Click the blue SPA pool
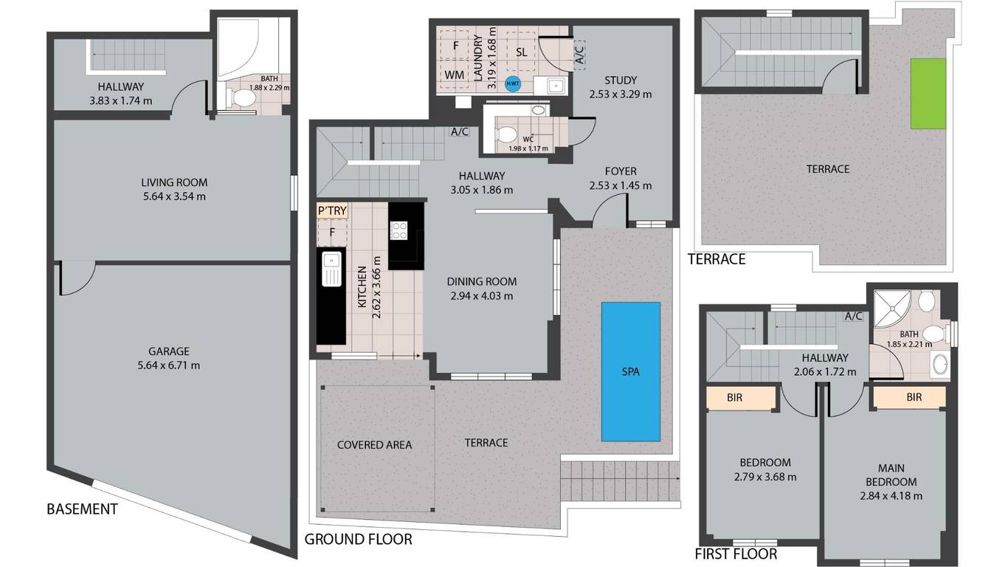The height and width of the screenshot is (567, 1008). click(x=631, y=371)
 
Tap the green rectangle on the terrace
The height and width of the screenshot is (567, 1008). click(x=928, y=94)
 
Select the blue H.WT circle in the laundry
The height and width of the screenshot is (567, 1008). click(x=513, y=83)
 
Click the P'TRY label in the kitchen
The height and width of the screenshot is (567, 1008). click(x=332, y=210)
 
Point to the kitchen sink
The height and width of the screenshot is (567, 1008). click(x=331, y=269)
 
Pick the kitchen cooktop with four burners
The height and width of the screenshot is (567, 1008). click(x=398, y=230)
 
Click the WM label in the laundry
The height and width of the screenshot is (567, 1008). click(x=454, y=75)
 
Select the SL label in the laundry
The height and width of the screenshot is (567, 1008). click(x=522, y=52)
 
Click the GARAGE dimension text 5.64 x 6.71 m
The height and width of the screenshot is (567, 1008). click(x=169, y=365)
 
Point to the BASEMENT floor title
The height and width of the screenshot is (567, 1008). click(x=83, y=509)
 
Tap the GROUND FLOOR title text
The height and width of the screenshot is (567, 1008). click(x=358, y=539)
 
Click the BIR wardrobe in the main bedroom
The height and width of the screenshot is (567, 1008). click(x=909, y=398)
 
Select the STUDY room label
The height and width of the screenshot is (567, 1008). click(x=621, y=80)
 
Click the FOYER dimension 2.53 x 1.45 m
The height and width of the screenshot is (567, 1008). click(x=621, y=185)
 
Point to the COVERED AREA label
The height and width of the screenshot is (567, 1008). click(x=374, y=445)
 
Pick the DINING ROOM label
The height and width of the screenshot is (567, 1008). click(x=482, y=281)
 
